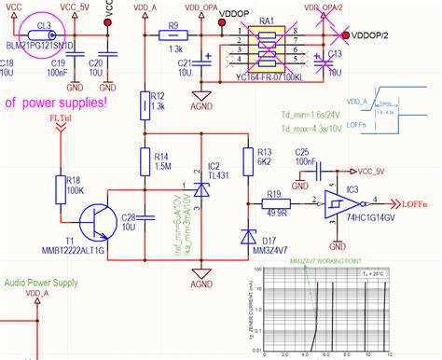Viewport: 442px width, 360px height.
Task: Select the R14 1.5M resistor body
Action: point(145,162)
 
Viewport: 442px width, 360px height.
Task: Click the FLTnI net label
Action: point(62,119)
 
